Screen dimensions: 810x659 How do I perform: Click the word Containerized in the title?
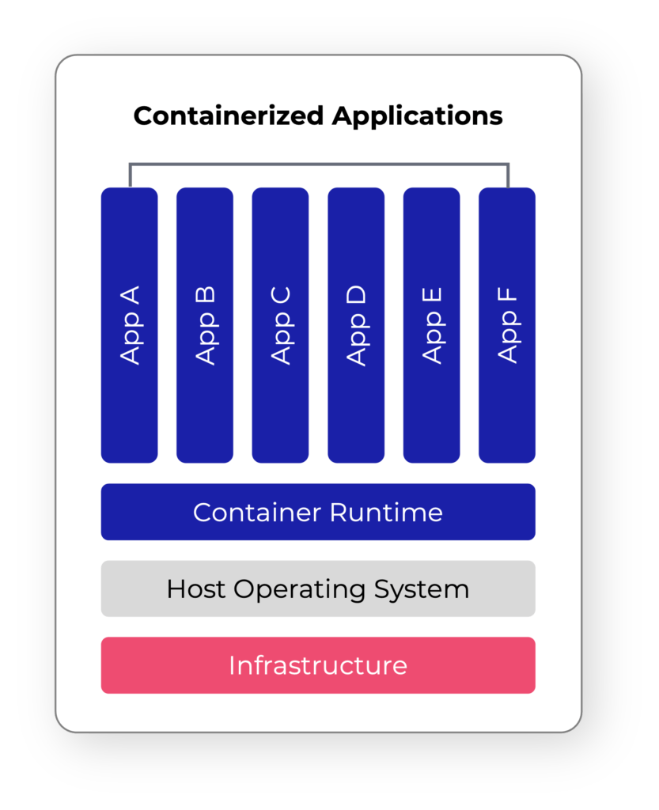229,116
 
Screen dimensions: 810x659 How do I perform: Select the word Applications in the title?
417,116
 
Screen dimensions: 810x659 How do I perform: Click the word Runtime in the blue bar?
386,513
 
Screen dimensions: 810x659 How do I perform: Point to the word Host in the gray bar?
197,589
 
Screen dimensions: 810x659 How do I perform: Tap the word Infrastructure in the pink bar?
318,665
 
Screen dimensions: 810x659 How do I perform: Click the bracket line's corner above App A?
130,165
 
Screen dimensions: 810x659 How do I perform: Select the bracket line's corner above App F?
508,165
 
